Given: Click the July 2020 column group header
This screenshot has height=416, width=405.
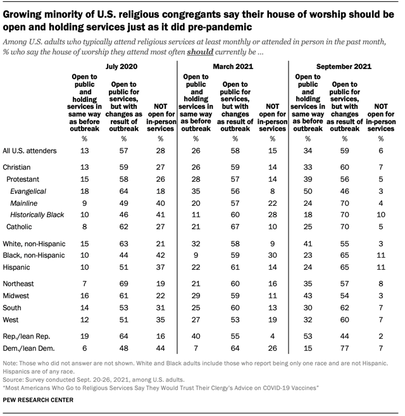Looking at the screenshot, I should (x=123, y=66).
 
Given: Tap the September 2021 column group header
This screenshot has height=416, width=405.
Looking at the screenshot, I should (x=345, y=66).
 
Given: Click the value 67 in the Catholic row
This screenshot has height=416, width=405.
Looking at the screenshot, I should (x=234, y=226).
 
